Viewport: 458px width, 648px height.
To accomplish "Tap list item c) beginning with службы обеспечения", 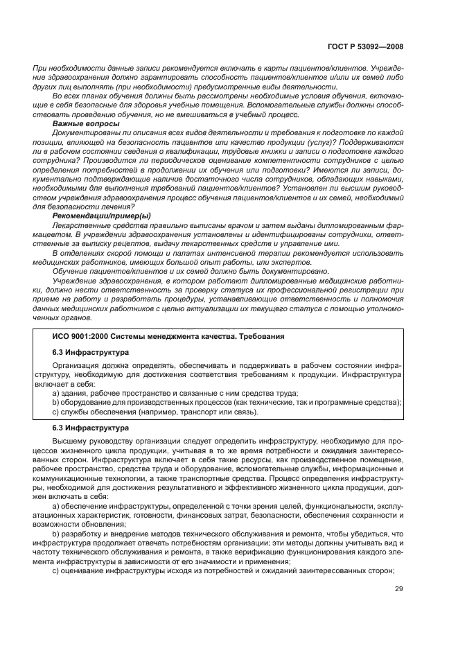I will click(155, 412).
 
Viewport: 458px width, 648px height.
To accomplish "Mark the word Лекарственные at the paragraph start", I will click(80, 227).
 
